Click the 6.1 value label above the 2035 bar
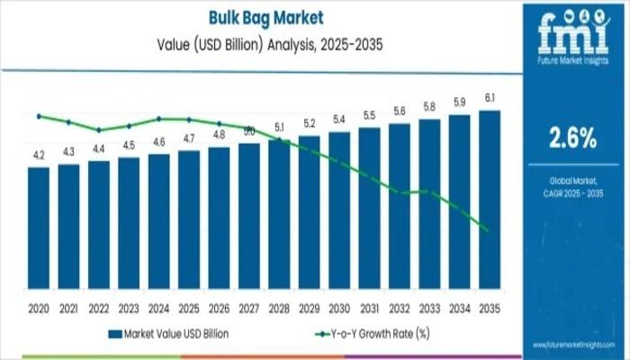click(490, 97)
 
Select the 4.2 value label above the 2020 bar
click(39, 155)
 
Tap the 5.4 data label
click(339, 120)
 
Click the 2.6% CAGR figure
click(573, 138)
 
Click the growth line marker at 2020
click(39, 116)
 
